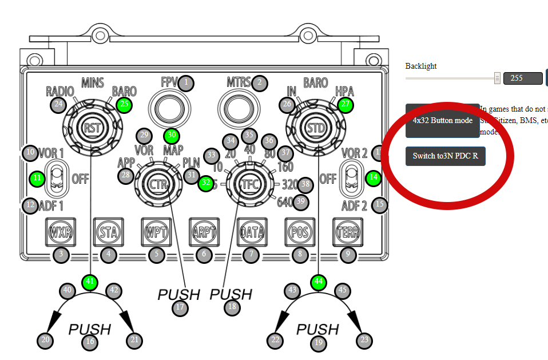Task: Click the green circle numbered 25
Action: pyautogui.click(x=124, y=104)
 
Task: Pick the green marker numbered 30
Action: pyautogui.click(x=170, y=136)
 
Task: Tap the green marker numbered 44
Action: pyautogui.click(x=319, y=282)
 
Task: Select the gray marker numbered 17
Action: pyautogui.click(x=180, y=307)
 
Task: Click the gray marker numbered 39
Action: pyautogui.click(x=300, y=201)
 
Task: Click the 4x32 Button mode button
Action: pyautogui.click(x=442, y=121)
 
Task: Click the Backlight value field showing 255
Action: pyautogui.click(x=522, y=78)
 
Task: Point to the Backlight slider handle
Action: pyautogui.click(x=497, y=78)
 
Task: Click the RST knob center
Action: pyautogui.click(x=92, y=127)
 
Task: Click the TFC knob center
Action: pyautogui.click(x=248, y=184)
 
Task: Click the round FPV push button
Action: pyautogui.click(x=170, y=107)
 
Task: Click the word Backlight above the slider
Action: pyautogui.click(x=421, y=66)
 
